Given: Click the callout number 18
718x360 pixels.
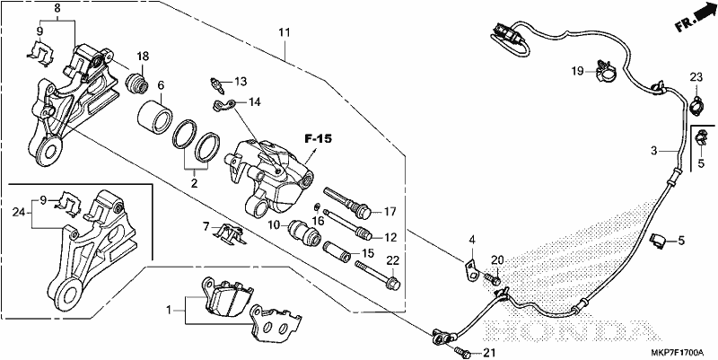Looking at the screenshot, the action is (x=143, y=57).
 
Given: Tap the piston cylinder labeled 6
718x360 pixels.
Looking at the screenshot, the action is (x=154, y=117).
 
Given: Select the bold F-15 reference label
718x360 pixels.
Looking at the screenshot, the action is (x=319, y=139).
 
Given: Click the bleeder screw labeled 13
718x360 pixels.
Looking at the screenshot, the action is (x=216, y=84).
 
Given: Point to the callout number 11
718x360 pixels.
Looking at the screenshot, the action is (x=285, y=32).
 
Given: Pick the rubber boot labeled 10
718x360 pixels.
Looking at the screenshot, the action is (x=303, y=232).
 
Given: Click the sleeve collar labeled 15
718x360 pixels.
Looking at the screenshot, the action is (x=337, y=252).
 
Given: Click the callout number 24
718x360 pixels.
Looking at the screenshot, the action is (x=18, y=212).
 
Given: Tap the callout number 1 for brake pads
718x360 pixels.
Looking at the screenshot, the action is (x=169, y=310).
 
